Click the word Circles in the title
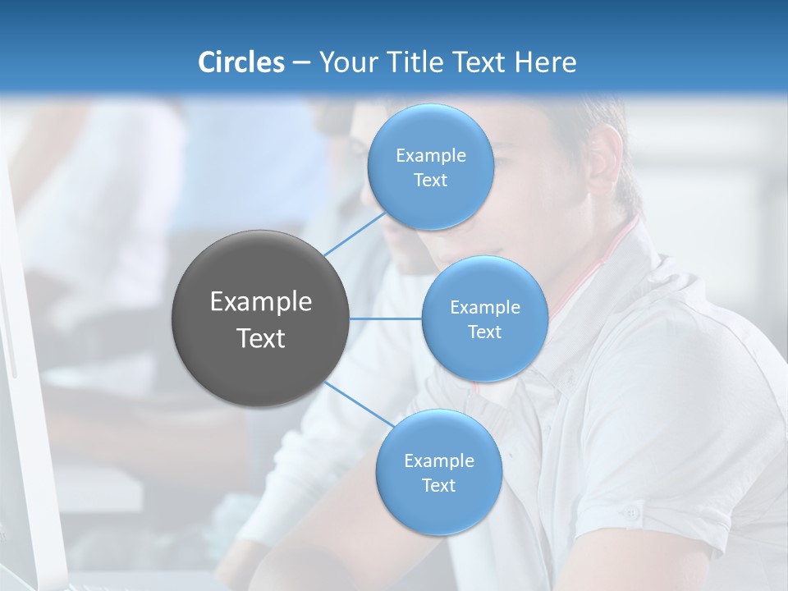pos(241,62)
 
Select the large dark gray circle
pos(260,318)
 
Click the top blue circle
pos(431,167)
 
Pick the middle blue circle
pos(485,318)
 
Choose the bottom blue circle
pos(439,472)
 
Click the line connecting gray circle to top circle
pos(355,233)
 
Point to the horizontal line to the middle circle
pos(386,318)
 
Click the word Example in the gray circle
pos(260,302)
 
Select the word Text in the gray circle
pos(260,338)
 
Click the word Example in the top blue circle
pos(431,155)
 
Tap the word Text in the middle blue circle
pos(485,332)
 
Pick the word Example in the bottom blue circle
pos(439,460)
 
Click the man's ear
pos(603,155)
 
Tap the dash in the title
pos(301,62)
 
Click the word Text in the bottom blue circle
pos(439,485)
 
